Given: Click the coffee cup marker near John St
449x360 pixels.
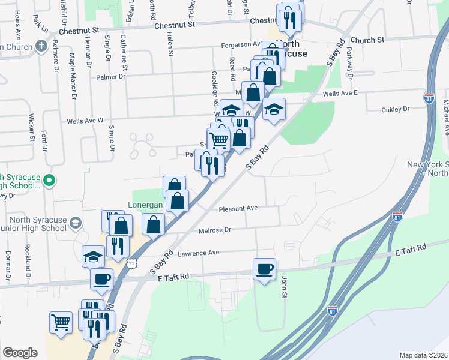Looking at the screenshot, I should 264,269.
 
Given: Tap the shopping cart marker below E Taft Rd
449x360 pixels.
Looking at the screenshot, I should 61,322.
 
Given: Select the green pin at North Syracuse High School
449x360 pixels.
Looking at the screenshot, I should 50,179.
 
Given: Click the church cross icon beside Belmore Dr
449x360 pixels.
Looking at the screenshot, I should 41,46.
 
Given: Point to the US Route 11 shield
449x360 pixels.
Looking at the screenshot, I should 131,263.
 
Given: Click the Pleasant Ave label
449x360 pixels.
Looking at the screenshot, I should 238,208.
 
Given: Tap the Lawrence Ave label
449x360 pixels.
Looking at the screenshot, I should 198,253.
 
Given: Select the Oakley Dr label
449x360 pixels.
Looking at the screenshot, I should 396,110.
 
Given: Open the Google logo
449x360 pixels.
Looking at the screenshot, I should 20,353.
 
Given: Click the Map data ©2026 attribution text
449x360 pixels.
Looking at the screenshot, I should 423,355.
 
